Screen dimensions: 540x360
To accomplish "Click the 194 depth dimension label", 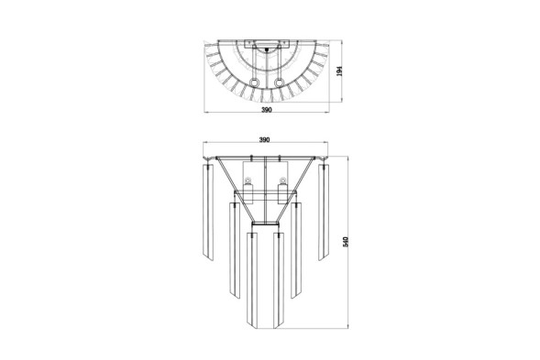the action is [x=340, y=71].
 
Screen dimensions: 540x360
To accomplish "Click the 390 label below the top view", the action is [x=267, y=110].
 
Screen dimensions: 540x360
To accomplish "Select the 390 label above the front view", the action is [x=264, y=140].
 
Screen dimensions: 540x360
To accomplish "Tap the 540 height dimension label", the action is [x=347, y=242].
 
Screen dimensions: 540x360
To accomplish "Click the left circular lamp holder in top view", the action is [x=255, y=83].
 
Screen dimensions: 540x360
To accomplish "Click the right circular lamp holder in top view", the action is [x=279, y=83].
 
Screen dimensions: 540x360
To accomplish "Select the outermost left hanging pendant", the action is [x=208, y=212].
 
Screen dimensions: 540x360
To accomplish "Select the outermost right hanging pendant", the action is [x=324, y=212].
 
